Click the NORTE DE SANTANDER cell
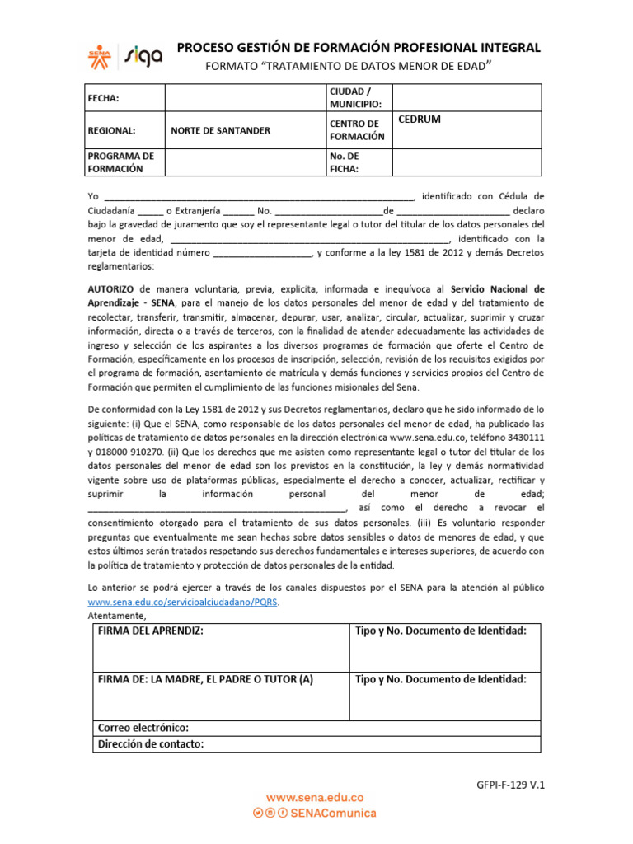pos(220,130)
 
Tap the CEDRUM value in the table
pos(420,120)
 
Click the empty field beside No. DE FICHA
pos(467,162)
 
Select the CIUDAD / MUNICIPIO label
pos(355,98)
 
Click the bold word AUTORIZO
pos(112,289)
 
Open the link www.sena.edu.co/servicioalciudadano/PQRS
pos(183,602)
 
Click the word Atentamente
pos(116,616)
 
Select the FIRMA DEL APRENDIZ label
pos(151,631)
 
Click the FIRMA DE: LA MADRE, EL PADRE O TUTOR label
pos(206,679)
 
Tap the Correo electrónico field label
pos(143,728)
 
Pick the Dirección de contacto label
pos(151,743)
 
